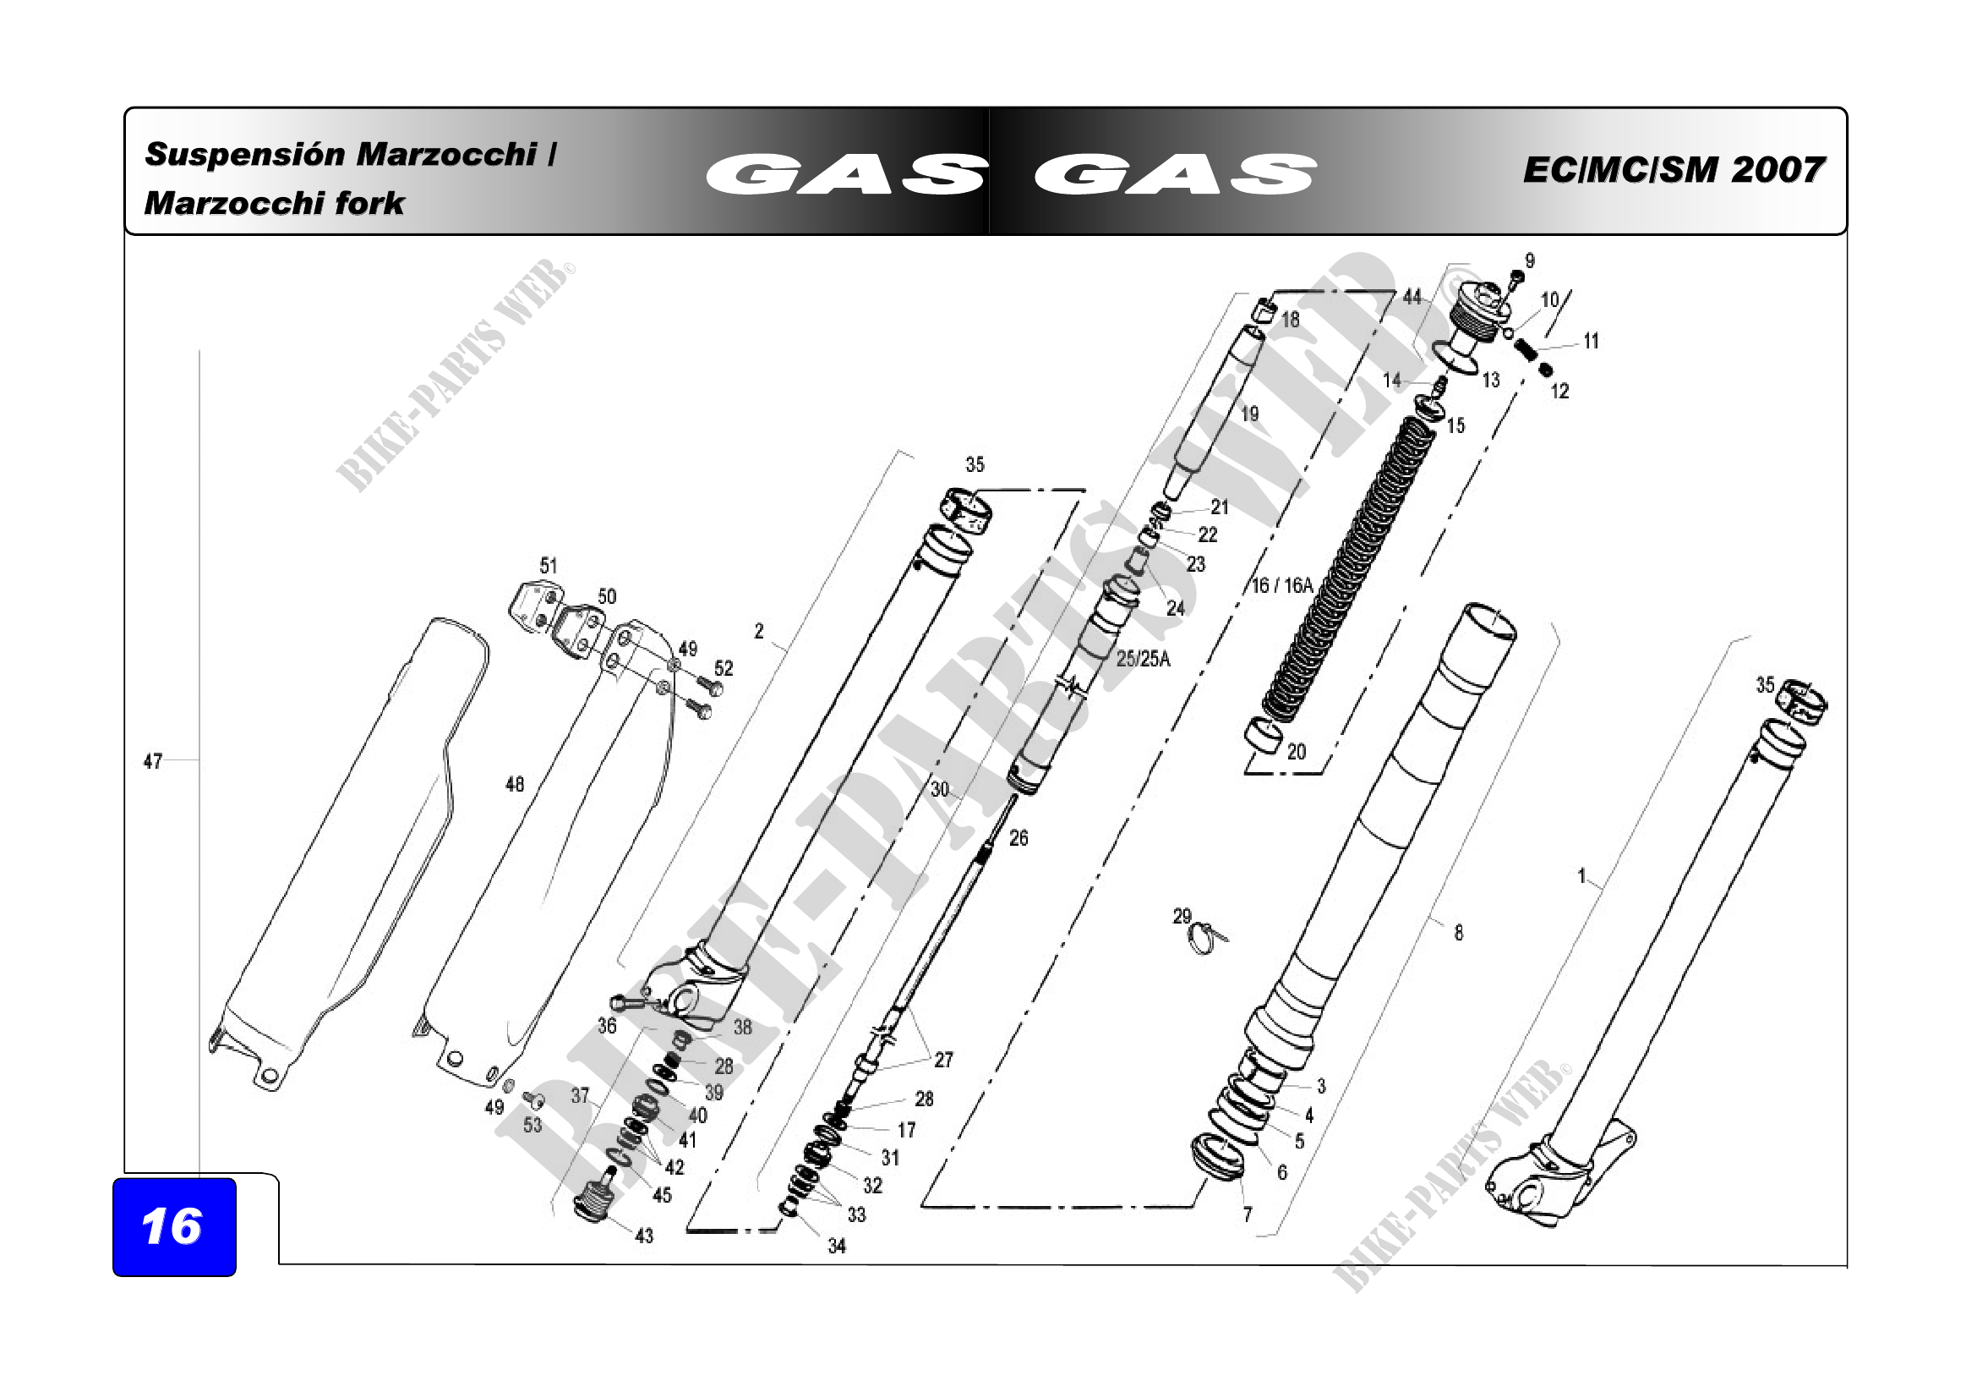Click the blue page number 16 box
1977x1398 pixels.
pos(174,1226)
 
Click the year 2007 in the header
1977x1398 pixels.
pos(1778,170)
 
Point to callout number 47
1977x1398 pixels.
pos(152,761)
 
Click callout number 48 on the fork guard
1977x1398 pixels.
pos(514,784)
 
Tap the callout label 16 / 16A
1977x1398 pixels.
pos(1282,586)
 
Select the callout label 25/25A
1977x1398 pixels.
pos(1144,659)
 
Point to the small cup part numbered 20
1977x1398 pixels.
pos(1264,734)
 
